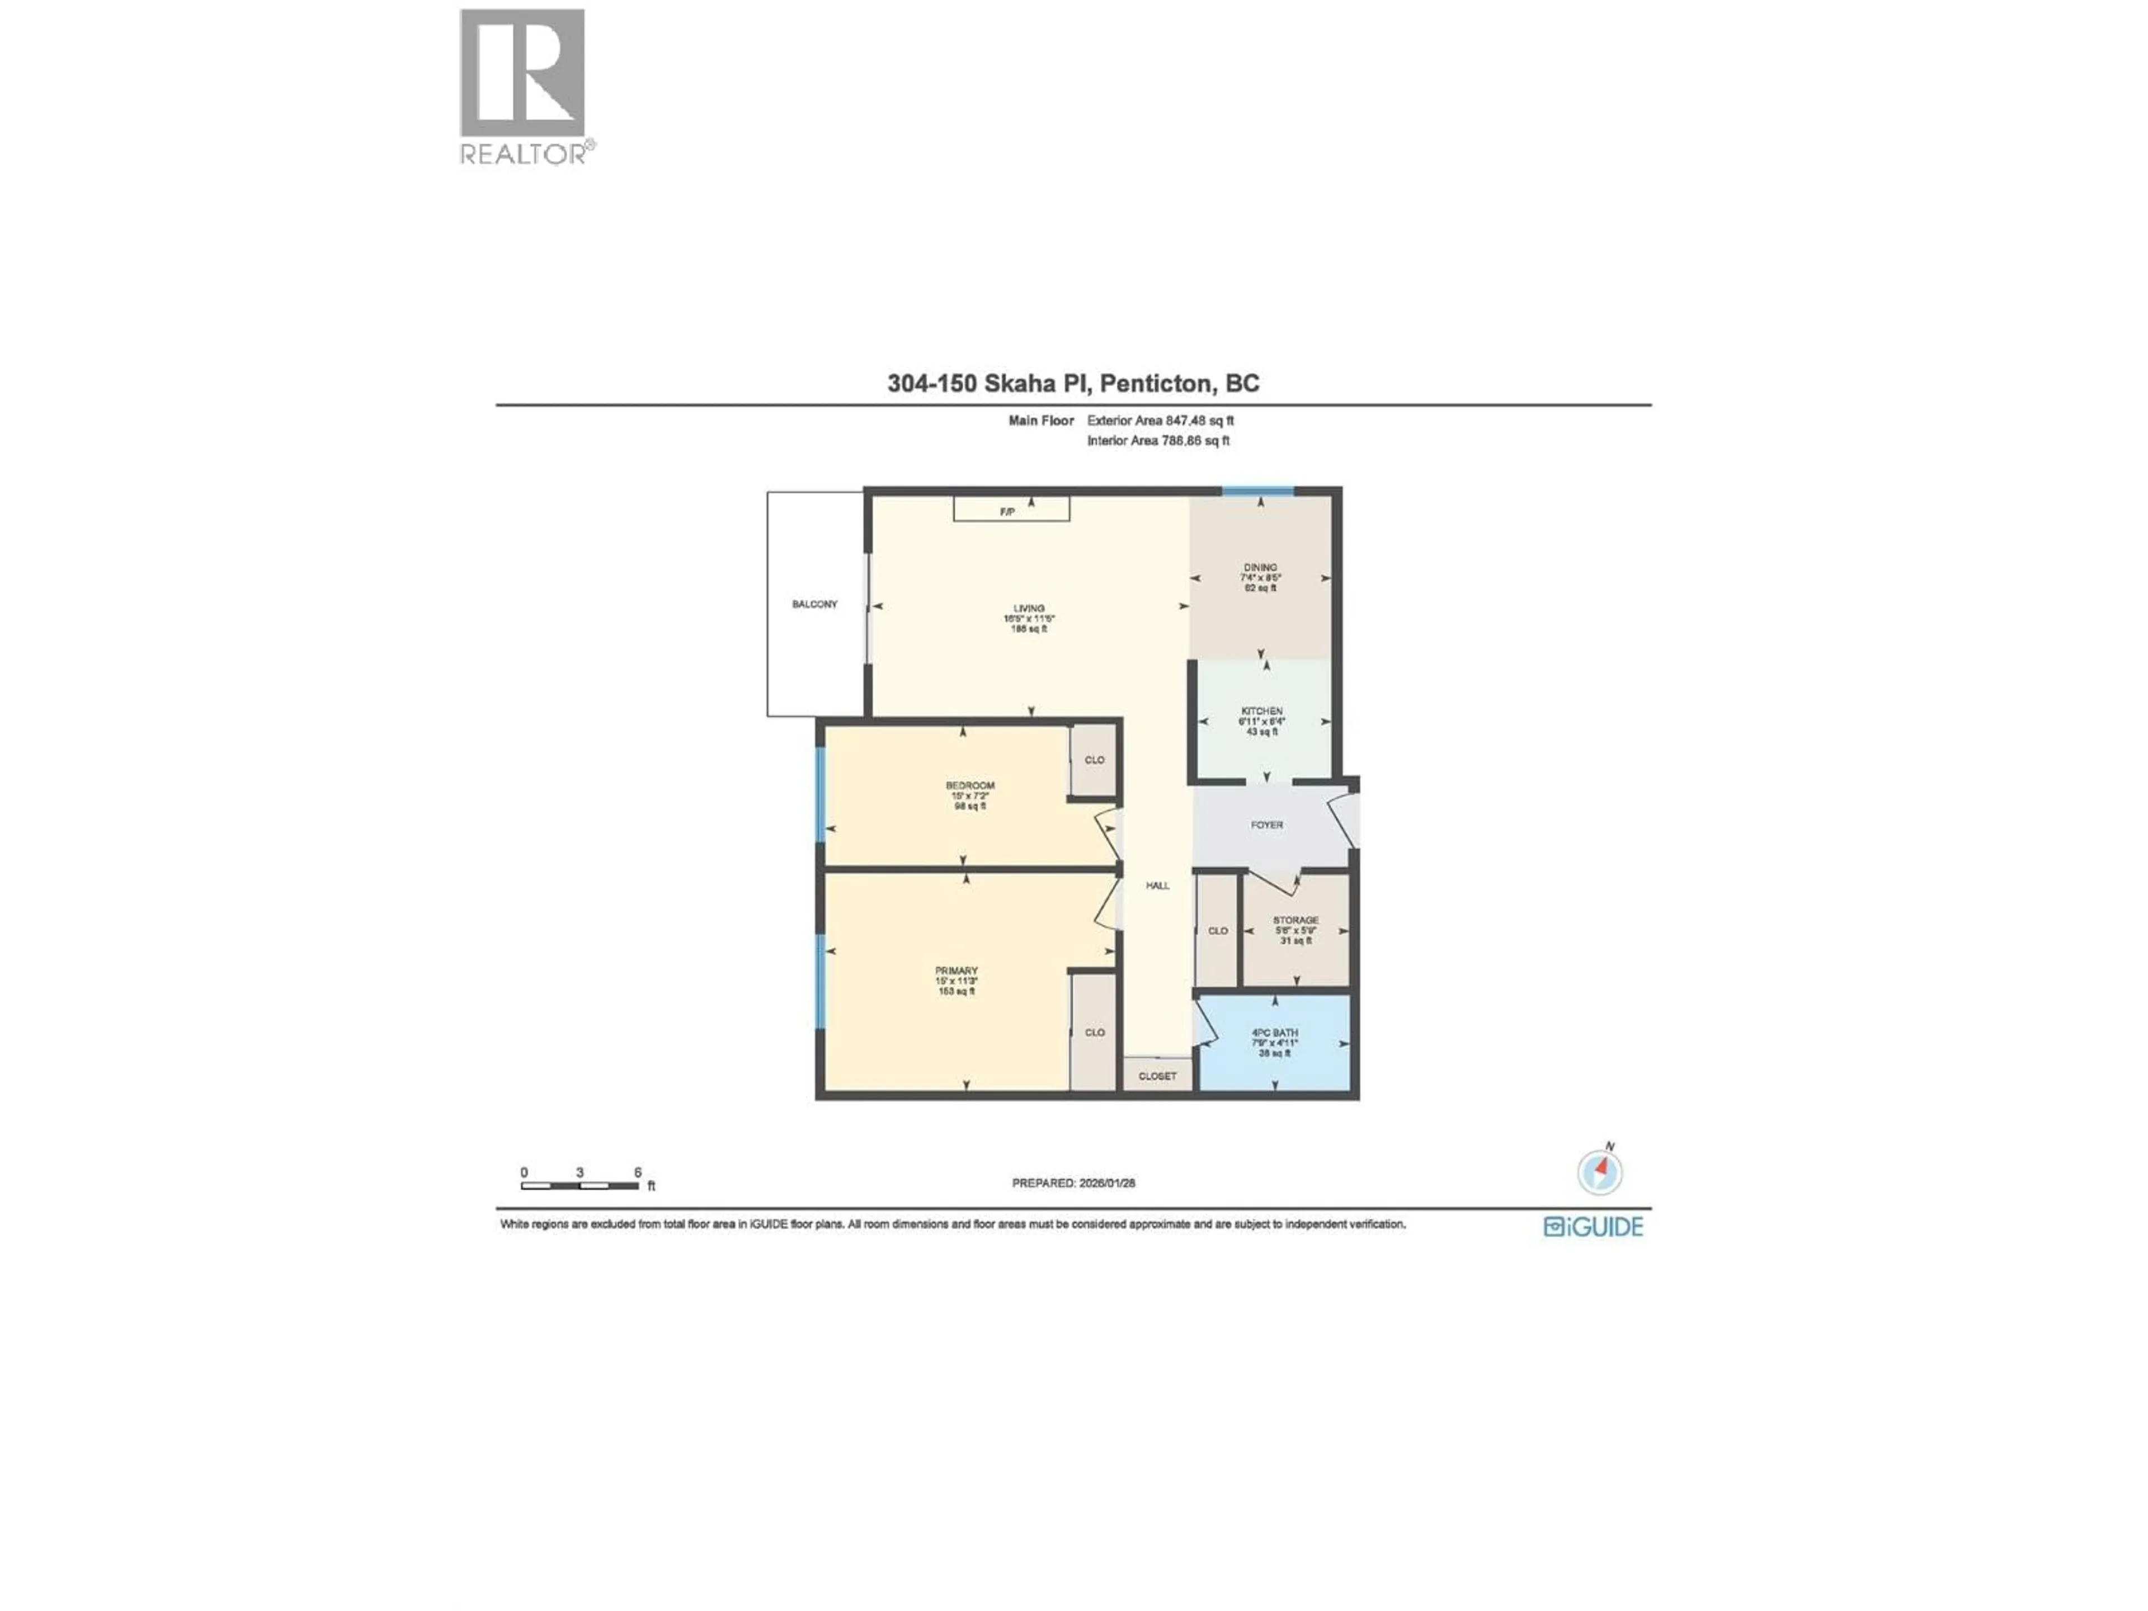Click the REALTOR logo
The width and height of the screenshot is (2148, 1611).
click(x=524, y=87)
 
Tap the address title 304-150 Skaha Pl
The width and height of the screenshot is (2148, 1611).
click(x=1073, y=384)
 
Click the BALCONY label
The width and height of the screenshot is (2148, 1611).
click(x=814, y=604)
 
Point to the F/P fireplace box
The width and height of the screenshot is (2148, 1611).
click(x=1011, y=510)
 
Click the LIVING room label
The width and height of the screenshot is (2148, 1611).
click(x=1029, y=609)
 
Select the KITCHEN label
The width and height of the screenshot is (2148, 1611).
click(x=1261, y=712)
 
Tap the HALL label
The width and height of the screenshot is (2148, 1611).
click(x=1157, y=885)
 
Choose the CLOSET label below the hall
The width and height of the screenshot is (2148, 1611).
click(x=1157, y=1076)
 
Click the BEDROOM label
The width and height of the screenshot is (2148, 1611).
click(x=970, y=785)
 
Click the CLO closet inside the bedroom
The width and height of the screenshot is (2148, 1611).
click(x=1094, y=760)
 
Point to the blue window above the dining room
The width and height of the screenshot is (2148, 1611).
click(x=1257, y=491)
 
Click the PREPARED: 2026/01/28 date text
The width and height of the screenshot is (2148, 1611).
click(x=1073, y=1183)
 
